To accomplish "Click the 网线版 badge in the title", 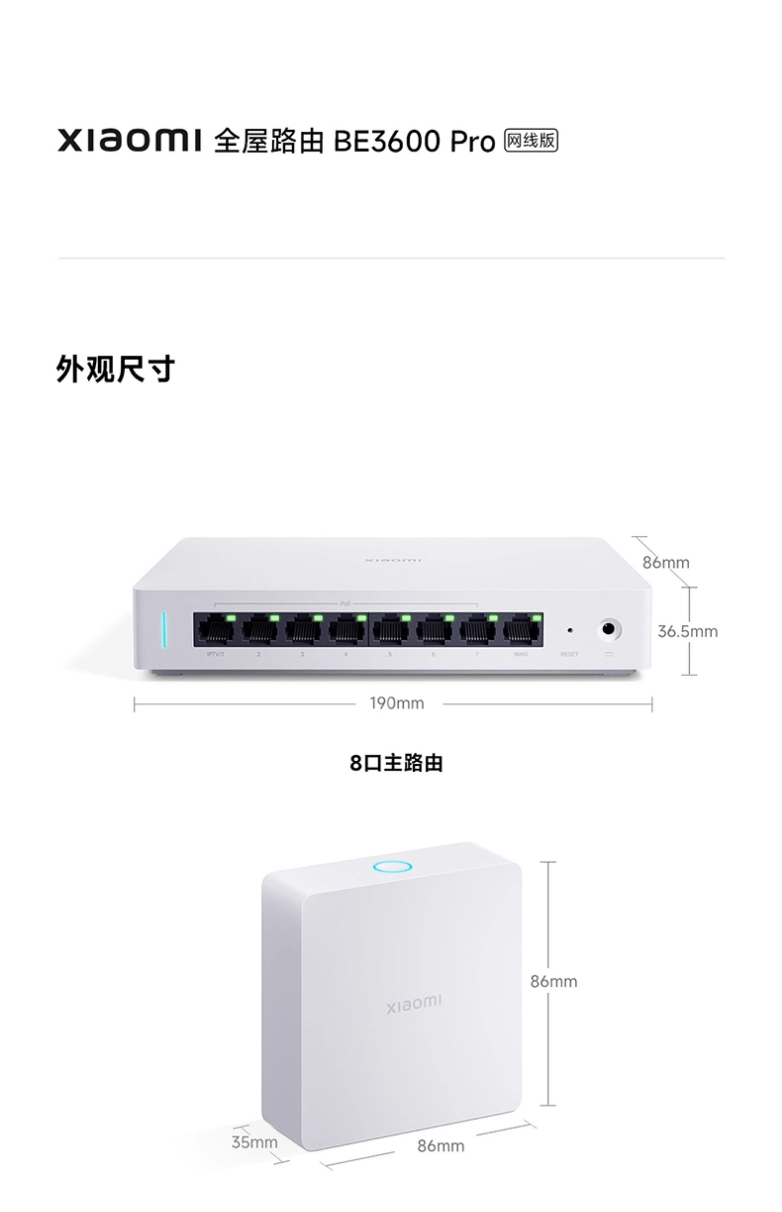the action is [x=531, y=140].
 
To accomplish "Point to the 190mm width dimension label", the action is [x=397, y=703].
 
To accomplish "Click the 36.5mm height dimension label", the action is [x=687, y=631].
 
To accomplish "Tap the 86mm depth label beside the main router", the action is [x=666, y=562].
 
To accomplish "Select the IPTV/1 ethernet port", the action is [x=215, y=630].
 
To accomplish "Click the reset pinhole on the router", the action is [x=570, y=630].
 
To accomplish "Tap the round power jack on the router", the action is [x=608, y=629].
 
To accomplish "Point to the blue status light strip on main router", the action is [x=164, y=630].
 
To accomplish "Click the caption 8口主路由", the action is [x=396, y=763].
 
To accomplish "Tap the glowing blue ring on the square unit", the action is [x=392, y=866].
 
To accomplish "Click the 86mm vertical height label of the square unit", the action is [x=553, y=981].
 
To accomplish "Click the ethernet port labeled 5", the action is [x=390, y=630].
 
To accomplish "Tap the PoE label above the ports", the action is [x=345, y=604].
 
